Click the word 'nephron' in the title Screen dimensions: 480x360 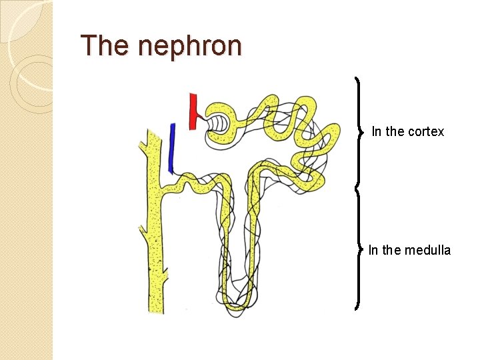[191, 46]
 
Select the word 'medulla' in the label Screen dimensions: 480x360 [427, 250]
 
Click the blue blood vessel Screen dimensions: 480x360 [171, 149]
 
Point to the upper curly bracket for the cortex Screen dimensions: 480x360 [361, 131]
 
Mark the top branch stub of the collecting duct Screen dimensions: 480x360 [143, 142]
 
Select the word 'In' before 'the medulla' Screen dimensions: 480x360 [373, 250]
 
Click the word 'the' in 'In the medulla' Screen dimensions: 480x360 [392, 250]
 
